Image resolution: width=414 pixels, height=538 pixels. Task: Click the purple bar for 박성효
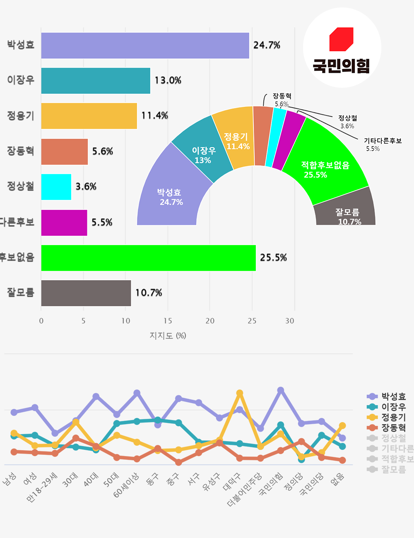click(x=145, y=46)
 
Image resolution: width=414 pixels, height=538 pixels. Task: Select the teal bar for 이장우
click(x=95, y=81)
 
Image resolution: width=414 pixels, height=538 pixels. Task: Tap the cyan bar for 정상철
click(x=56, y=187)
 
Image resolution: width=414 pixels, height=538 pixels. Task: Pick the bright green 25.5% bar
click(x=148, y=258)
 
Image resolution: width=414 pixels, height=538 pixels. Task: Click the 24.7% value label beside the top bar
click(x=267, y=45)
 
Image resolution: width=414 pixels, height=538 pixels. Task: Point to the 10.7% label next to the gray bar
click(x=149, y=293)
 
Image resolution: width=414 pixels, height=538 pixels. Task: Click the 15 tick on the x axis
click(x=168, y=321)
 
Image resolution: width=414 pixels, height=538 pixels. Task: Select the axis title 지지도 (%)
click(x=168, y=336)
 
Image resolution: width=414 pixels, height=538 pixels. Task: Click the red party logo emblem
click(x=341, y=39)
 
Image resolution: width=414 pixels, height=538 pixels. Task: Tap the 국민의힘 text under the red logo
click(x=341, y=65)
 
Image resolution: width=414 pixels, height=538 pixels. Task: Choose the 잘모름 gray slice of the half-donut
click(x=345, y=209)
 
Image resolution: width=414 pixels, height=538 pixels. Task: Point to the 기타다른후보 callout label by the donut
click(x=383, y=141)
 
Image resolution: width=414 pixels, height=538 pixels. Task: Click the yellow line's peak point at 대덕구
click(x=240, y=393)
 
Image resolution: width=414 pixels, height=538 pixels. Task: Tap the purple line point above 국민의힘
click(x=281, y=390)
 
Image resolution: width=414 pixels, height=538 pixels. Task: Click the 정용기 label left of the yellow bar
click(x=20, y=116)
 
